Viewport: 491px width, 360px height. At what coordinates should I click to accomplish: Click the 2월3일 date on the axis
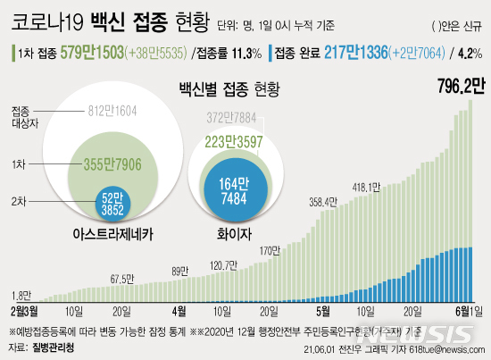point(25,312)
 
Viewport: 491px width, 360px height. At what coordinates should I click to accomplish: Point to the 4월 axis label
point(179,312)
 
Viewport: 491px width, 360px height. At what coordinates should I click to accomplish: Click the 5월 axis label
point(323,312)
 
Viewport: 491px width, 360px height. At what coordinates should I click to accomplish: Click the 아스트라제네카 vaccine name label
point(112,235)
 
